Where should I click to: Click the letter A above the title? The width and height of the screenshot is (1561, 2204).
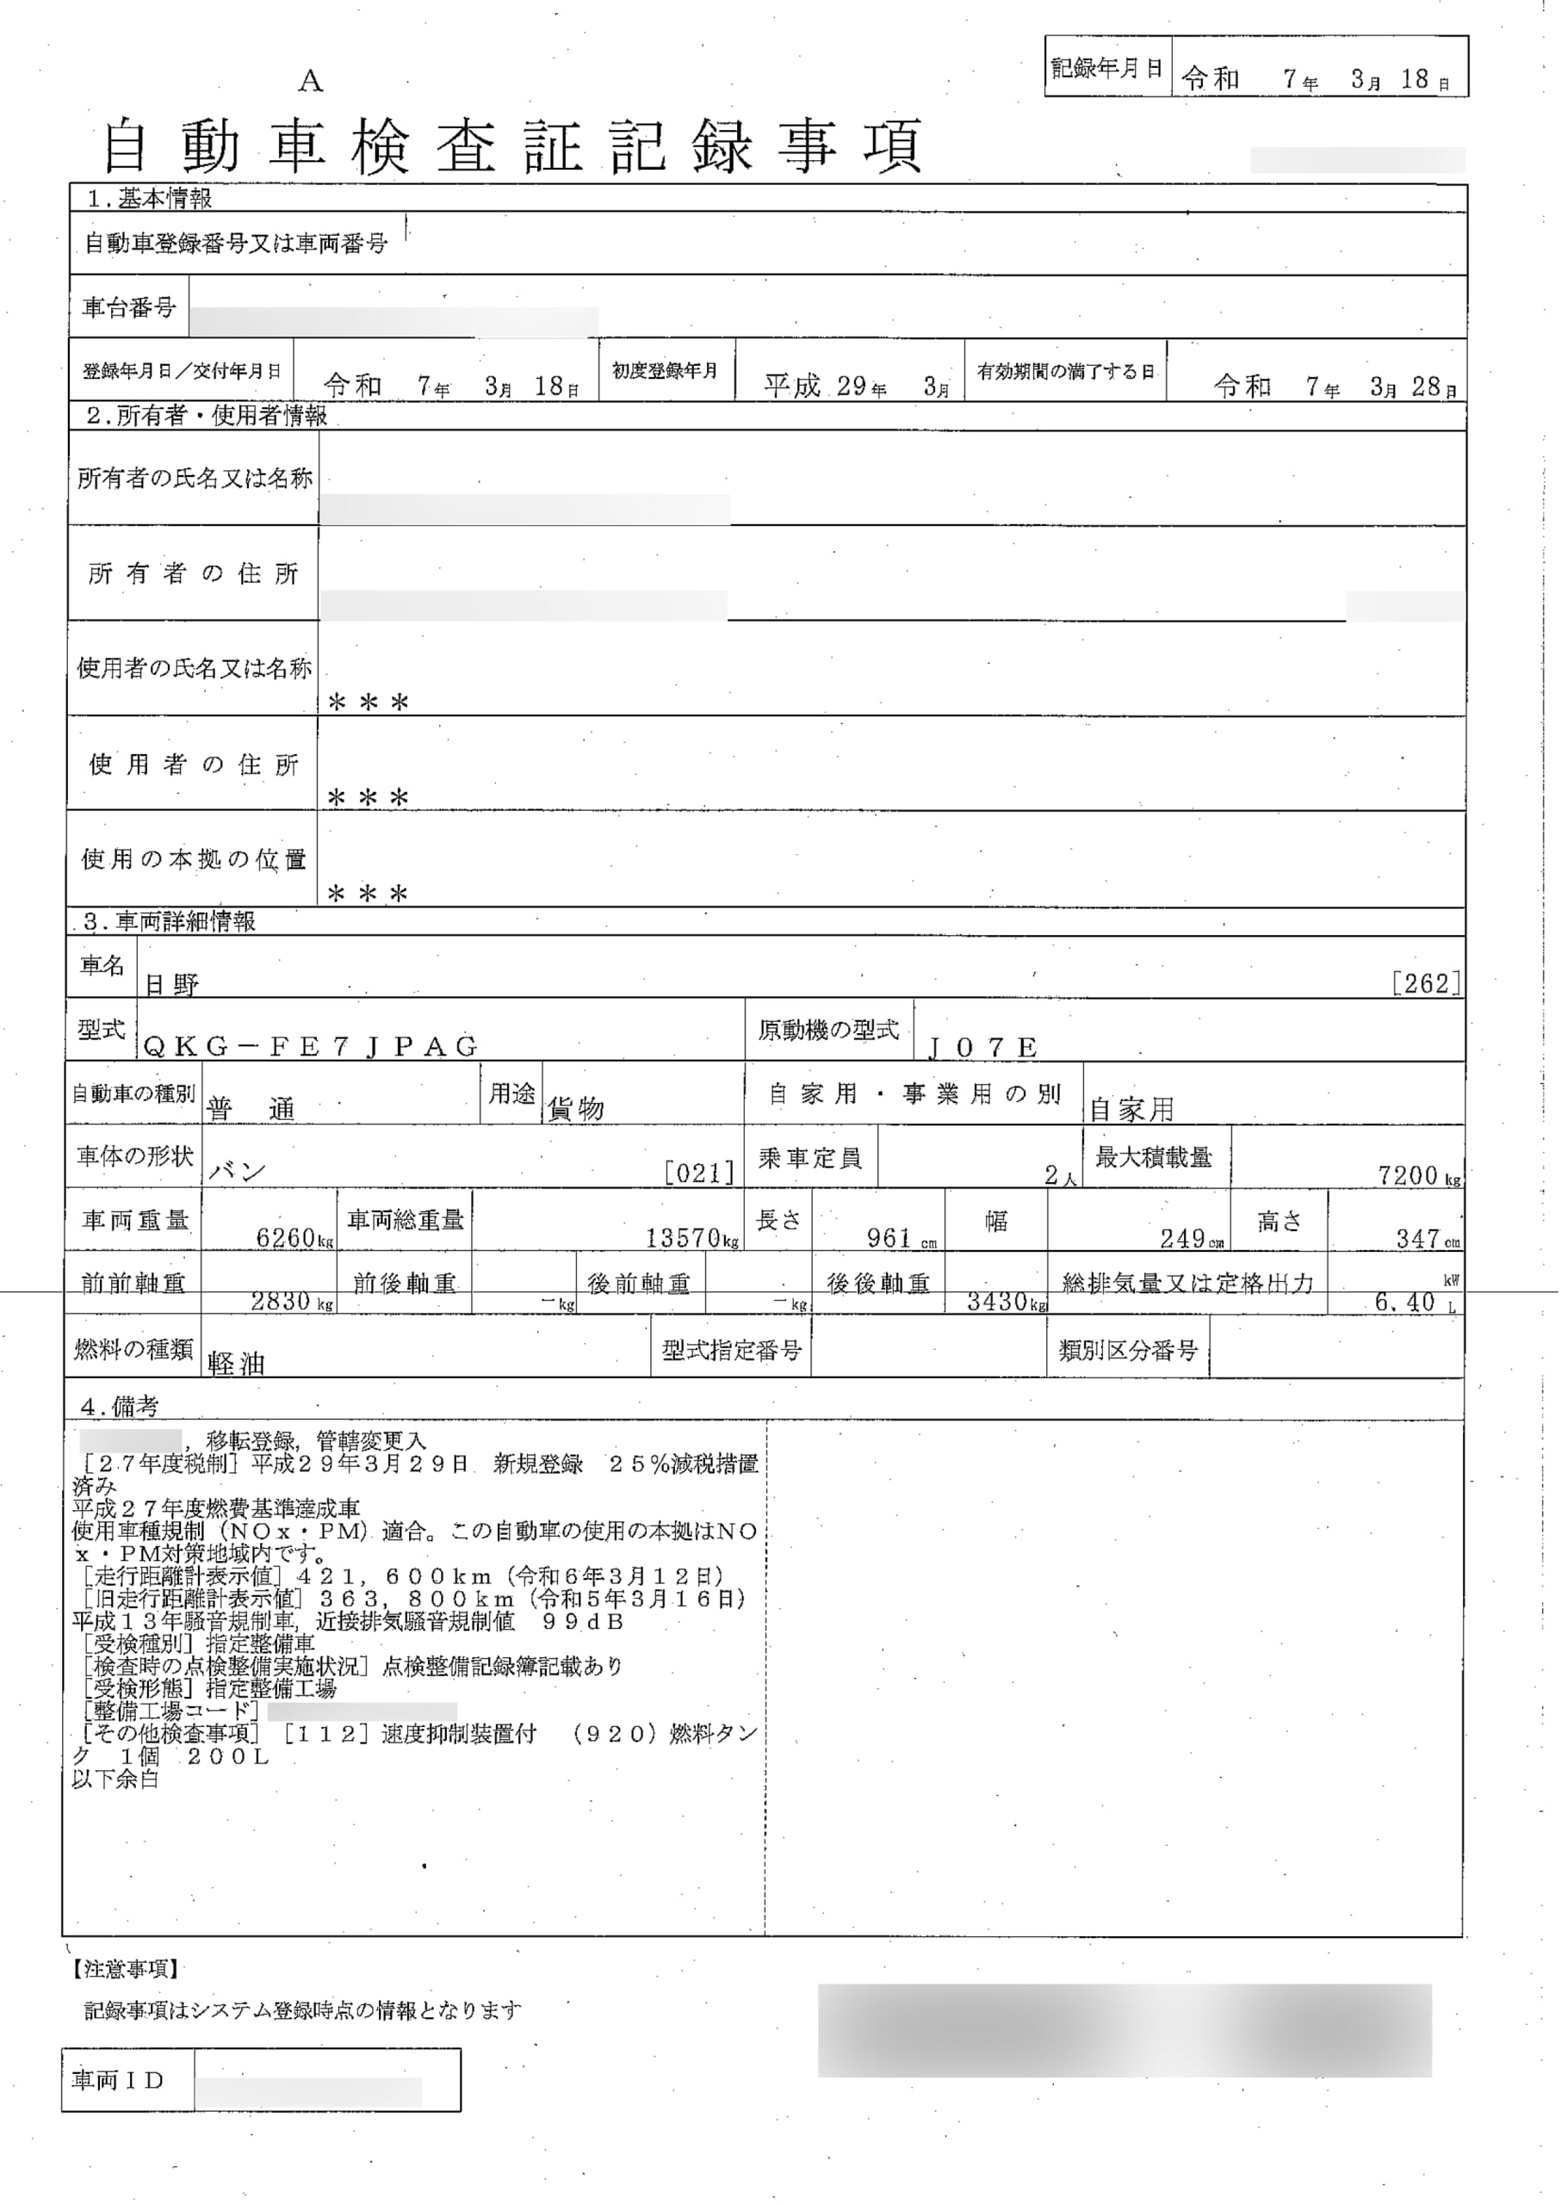(309, 82)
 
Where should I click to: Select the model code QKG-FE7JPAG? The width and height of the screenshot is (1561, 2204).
(311, 1047)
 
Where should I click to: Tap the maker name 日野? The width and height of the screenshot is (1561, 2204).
(172, 983)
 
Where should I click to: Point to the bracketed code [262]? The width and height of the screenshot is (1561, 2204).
(1427, 982)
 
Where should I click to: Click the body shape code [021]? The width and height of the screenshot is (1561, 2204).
(700, 1172)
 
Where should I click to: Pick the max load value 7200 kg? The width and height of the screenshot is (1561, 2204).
(1418, 1174)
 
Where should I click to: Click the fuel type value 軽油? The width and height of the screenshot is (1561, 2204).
(236, 1363)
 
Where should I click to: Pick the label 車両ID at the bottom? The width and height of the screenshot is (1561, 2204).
(118, 2080)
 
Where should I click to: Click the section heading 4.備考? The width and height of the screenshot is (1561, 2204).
(119, 1406)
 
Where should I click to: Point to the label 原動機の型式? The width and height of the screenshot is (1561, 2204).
(828, 1031)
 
